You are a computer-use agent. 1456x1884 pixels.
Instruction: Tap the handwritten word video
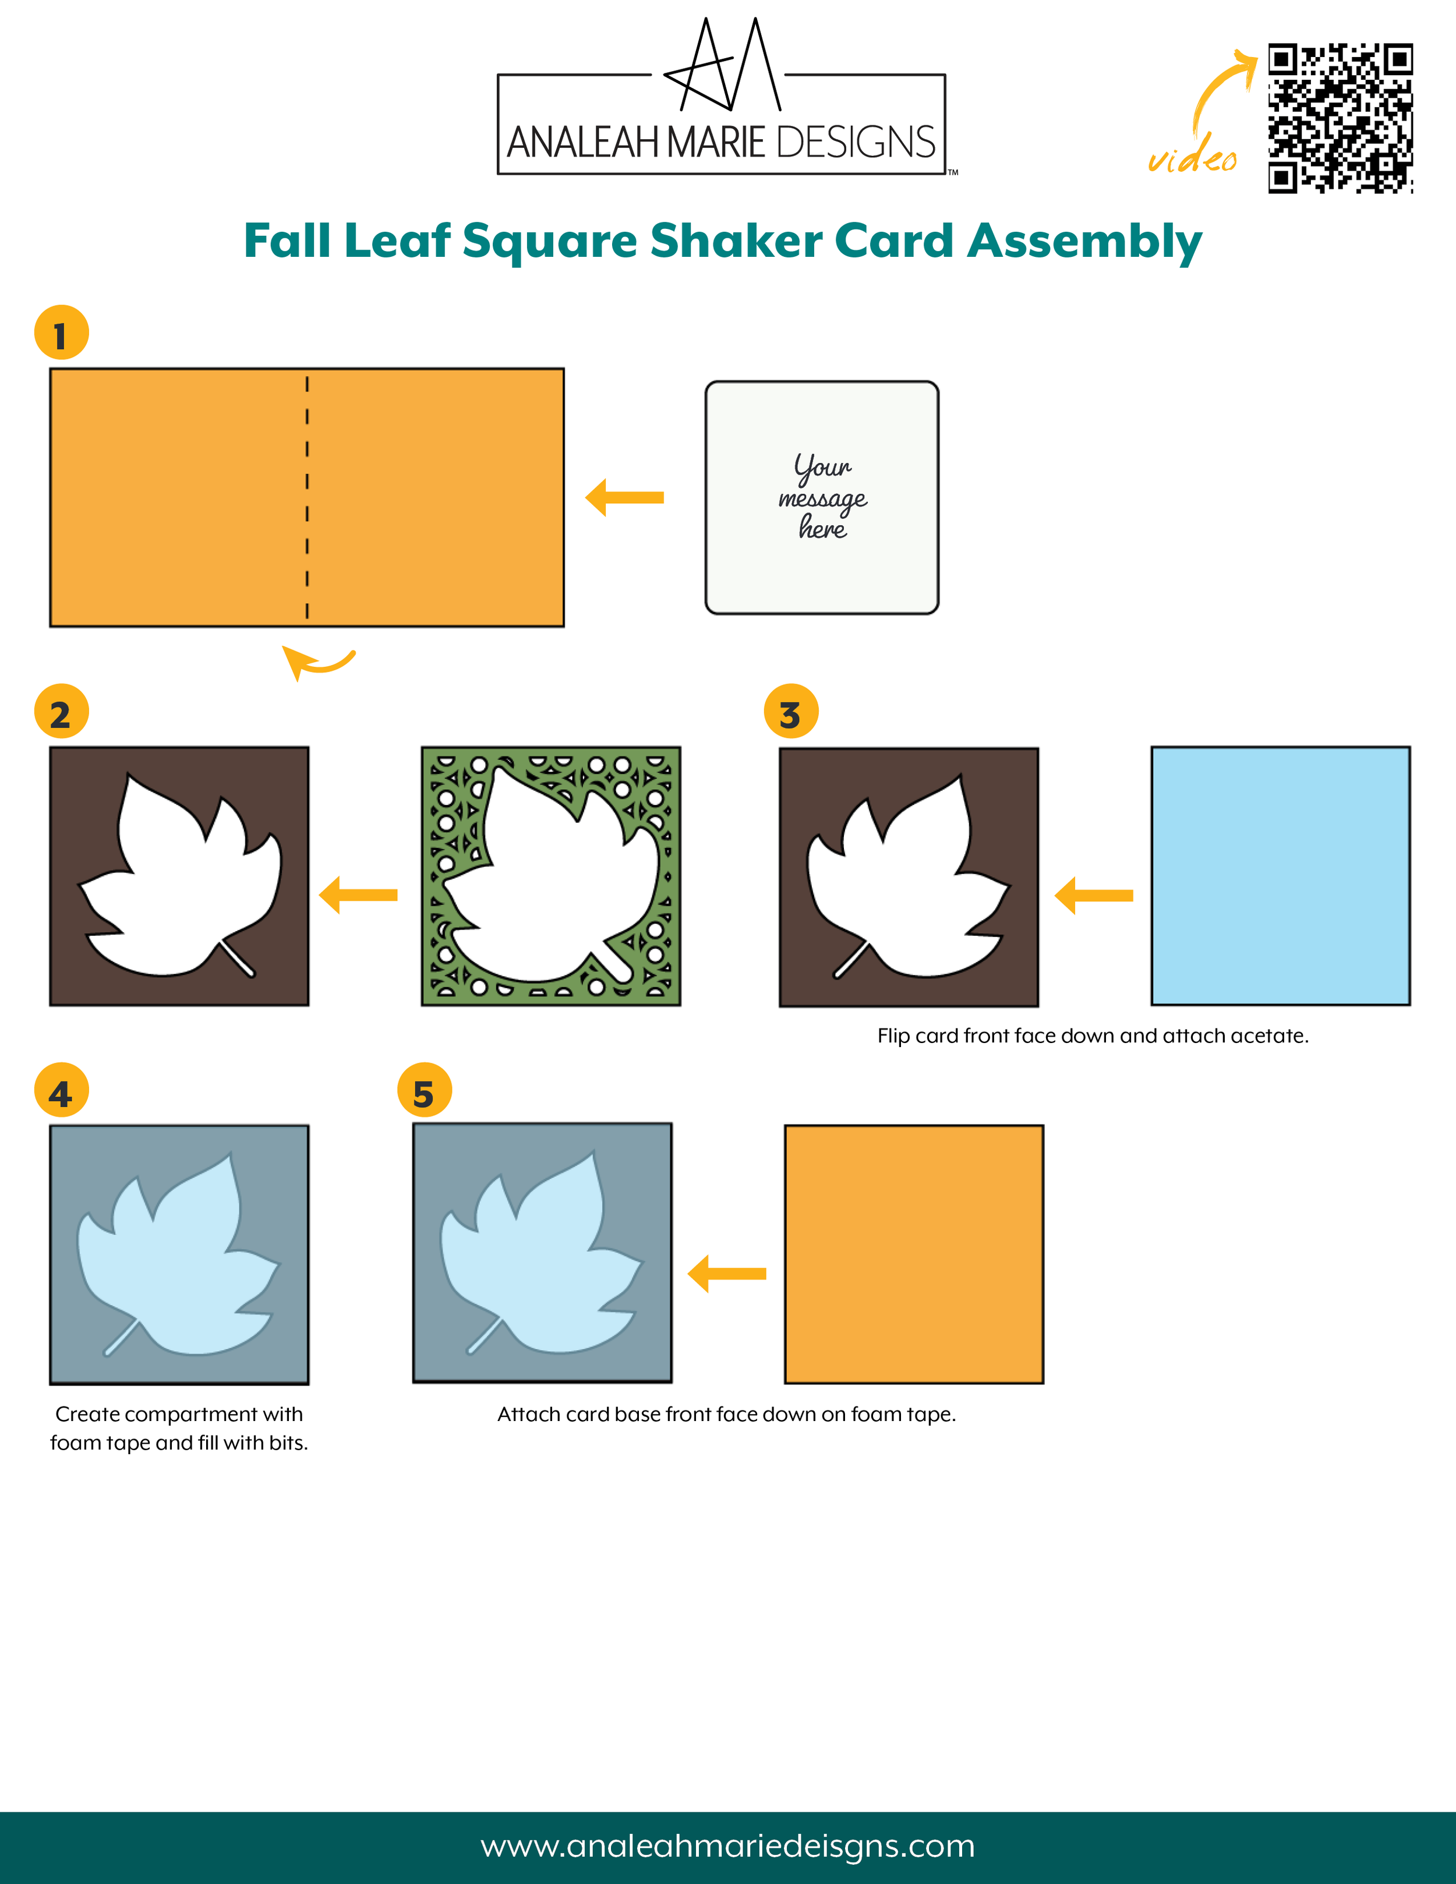(x=1192, y=154)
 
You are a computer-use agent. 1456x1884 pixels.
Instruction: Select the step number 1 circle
(x=61, y=332)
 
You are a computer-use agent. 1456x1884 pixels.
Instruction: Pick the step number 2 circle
(x=61, y=711)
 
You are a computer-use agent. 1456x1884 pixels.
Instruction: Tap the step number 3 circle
(x=791, y=711)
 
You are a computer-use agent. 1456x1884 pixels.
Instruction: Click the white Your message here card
(x=822, y=498)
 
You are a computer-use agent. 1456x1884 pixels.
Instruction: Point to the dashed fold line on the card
(x=307, y=497)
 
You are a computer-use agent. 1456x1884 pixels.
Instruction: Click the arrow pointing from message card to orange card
(x=624, y=498)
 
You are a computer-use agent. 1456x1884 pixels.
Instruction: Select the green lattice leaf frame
(x=551, y=876)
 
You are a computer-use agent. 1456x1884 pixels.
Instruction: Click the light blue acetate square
(x=1281, y=875)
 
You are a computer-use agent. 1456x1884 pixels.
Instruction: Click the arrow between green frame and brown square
(x=358, y=896)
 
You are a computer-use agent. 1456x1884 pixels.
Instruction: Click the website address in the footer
(x=728, y=1846)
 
